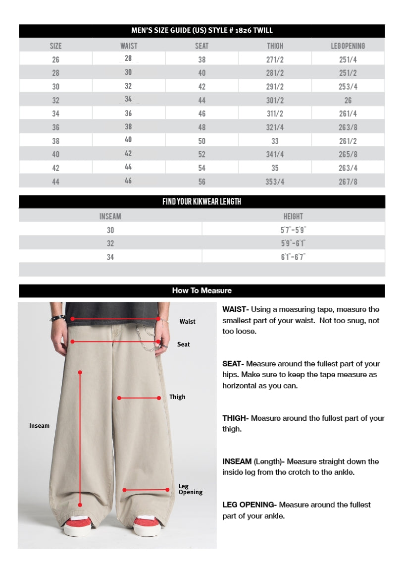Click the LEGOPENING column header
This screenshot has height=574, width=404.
click(x=348, y=46)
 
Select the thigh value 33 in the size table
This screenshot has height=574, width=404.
click(x=275, y=141)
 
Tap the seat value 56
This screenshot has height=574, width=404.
click(x=202, y=181)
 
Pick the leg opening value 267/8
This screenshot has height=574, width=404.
click(x=348, y=181)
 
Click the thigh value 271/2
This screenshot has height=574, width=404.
click(x=275, y=59)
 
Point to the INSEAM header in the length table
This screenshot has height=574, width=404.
click(x=110, y=216)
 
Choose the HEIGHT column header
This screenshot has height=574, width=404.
click(x=293, y=216)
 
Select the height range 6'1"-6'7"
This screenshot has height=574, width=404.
click(x=293, y=257)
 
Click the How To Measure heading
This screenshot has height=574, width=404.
click(x=202, y=290)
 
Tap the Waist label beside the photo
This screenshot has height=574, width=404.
click(x=187, y=322)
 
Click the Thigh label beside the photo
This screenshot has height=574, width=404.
click(x=177, y=397)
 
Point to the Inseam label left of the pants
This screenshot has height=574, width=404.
click(x=39, y=426)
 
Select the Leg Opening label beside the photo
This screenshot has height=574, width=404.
click(x=190, y=489)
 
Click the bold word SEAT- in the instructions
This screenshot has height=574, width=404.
click(x=233, y=364)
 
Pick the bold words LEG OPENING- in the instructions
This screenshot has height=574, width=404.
click(x=249, y=505)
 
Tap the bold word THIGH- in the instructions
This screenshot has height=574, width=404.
click(x=235, y=418)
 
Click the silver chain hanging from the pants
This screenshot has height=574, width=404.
click(x=146, y=337)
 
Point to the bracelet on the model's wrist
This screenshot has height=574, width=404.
click(x=57, y=318)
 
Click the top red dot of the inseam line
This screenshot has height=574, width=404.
click(x=80, y=372)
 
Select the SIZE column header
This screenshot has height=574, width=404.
click(x=55, y=46)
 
